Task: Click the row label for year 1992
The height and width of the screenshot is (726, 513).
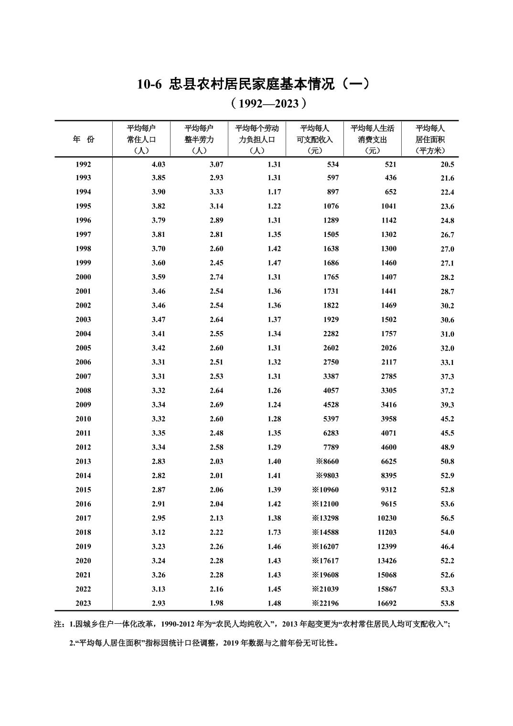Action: [x=83, y=164]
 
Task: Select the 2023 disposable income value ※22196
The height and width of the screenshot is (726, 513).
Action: [x=325, y=603]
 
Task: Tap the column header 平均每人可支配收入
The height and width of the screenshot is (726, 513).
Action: [x=315, y=139]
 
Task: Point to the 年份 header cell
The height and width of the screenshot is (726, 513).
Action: [x=84, y=139]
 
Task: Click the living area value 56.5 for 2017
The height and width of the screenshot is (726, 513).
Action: [x=447, y=518]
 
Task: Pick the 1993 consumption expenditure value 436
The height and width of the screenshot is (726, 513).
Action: [x=390, y=178]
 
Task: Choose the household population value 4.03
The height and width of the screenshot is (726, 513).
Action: [x=158, y=164]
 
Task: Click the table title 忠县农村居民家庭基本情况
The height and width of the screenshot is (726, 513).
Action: [x=253, y=84]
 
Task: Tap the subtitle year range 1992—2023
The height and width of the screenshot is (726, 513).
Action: [x=267, y=104]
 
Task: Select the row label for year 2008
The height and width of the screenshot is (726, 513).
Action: [x=83, y=390]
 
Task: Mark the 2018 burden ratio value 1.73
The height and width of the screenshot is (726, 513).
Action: [x=274, y=532]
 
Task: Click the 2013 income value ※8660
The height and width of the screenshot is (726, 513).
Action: [x=327, y=461]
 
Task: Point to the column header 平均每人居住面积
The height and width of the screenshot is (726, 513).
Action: [x=430, y=139]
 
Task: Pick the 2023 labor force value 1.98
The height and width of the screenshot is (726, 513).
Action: [x=216, y=603]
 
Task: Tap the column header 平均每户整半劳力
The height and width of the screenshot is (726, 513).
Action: [x=199, y=139]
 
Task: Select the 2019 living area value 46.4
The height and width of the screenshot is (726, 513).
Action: [x=447, y=546]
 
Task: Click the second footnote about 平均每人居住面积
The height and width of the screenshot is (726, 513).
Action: [x=204, y=643]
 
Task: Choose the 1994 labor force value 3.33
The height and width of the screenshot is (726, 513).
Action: [x=216, y=192]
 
